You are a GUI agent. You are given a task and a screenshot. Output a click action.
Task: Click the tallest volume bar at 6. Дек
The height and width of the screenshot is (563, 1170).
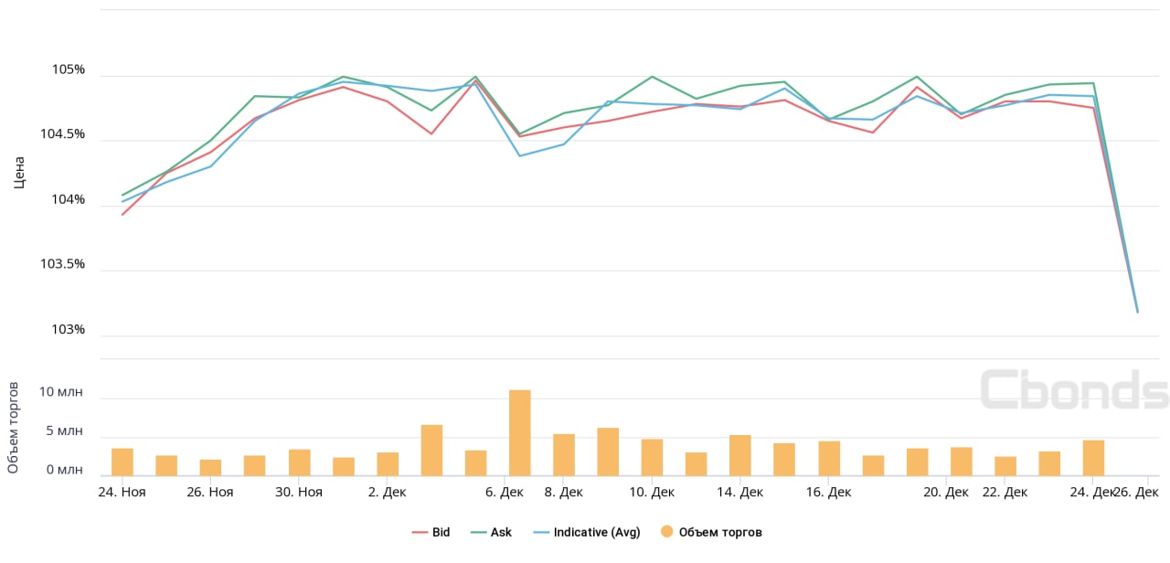click(520, 432)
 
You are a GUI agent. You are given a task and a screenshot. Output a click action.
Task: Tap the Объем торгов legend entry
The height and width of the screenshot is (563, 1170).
click(719, 532)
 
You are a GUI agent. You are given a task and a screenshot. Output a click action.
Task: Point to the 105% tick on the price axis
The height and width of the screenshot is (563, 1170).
click(68, 70)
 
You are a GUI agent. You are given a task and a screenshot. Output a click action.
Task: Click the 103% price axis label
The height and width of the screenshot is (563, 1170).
click(68, 329)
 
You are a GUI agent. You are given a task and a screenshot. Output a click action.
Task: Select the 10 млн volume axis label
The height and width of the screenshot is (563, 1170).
click(60, 392)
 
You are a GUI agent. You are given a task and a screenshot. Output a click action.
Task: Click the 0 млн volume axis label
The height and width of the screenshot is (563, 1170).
click(64, 470)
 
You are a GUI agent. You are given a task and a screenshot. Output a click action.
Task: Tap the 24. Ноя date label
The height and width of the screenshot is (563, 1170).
click(122, 492)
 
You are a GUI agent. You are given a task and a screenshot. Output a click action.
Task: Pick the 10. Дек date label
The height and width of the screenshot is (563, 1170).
click(652, 492)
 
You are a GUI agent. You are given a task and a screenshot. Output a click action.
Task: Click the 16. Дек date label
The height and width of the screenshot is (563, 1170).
click(828, 492)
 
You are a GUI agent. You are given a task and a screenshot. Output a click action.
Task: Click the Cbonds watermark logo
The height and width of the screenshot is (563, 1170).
click(1074, 389)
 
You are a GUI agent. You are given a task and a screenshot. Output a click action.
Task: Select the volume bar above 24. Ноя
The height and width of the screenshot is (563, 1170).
click(122, 462)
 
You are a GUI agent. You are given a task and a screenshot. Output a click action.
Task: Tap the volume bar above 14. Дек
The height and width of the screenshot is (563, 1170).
click(740, 455)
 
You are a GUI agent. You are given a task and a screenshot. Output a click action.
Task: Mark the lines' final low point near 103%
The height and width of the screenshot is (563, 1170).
click(1137, 312)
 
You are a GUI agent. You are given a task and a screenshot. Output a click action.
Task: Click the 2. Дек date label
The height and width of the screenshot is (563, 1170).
click(387, 492)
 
